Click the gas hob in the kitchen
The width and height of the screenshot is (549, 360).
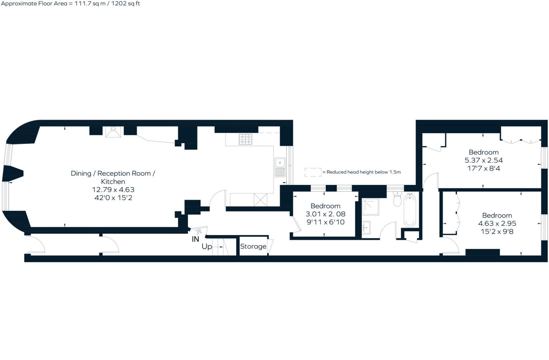(245, 139)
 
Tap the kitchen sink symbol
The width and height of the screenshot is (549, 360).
(280, 167)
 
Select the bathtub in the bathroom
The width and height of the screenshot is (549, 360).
(410, 211)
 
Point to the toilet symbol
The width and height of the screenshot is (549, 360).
(397, 199)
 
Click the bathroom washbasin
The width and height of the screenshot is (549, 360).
(366, 228)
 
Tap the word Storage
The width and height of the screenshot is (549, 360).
(253, 246)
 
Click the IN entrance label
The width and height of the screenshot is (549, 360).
(195, 239)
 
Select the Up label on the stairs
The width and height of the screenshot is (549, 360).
(207, 247)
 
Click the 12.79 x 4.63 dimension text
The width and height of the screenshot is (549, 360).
(113, 190)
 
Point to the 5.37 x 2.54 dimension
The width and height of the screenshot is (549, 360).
(483, 160)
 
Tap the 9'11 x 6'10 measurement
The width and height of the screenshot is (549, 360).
(325, 222)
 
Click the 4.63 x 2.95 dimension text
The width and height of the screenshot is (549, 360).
(497, 223)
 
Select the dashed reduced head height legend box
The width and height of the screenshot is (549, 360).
(313, 172)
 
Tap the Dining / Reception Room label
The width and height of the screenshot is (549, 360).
(113, 173)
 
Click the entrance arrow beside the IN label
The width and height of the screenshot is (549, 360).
(199, 231)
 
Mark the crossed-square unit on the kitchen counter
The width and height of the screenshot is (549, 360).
(260, 200)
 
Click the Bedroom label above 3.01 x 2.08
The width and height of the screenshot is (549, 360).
(325, 206)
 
